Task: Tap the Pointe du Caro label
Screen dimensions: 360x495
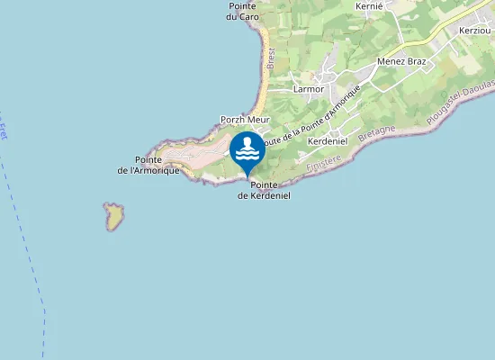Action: [243, 11]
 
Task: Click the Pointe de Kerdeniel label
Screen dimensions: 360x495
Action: [264, 190]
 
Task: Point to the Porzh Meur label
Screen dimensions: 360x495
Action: [245, 120]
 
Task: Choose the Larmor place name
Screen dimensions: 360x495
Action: [308, 89]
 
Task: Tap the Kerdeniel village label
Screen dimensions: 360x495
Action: [328, 142]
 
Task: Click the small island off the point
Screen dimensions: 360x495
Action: [113, 216]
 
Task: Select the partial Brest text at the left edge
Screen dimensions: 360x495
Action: [3, 131]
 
